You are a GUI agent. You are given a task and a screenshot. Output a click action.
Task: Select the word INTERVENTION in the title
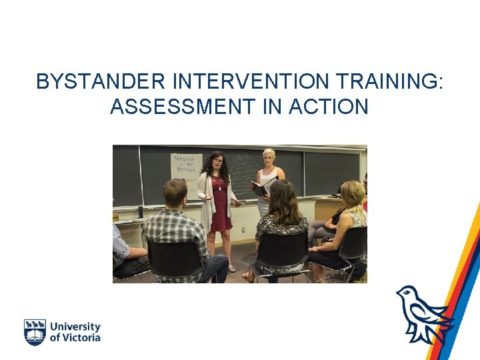(251, 82)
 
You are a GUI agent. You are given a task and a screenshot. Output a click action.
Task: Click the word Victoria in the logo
(81, 337)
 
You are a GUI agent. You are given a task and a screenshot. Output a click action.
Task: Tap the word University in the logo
(75, 327)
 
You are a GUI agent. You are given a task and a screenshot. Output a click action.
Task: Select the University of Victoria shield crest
(35, 332)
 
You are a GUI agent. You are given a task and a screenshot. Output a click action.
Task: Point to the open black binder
(261, 188)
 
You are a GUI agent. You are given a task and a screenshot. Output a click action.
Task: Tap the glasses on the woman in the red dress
(217, 162)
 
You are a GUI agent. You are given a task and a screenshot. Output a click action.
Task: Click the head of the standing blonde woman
(269, 157)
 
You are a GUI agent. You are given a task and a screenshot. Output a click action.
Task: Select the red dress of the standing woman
(220, 207)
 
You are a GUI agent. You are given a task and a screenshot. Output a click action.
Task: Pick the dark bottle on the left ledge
(140, 212)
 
